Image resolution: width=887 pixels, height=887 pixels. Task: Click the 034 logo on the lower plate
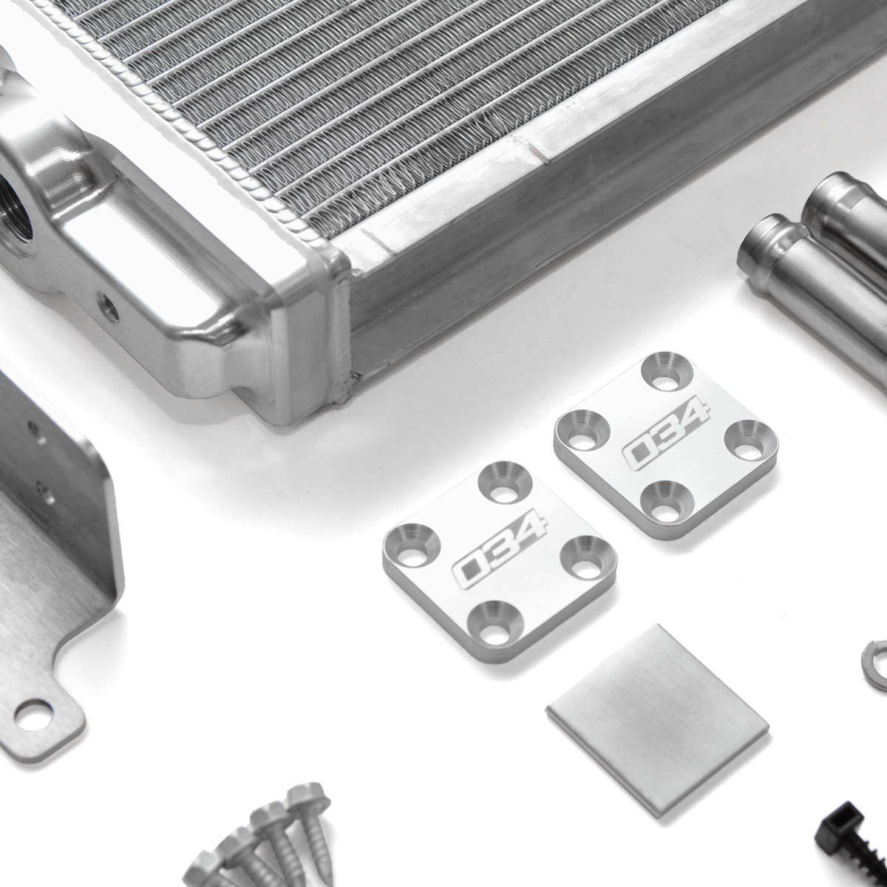pyautogui.click(x=500, y=548)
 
